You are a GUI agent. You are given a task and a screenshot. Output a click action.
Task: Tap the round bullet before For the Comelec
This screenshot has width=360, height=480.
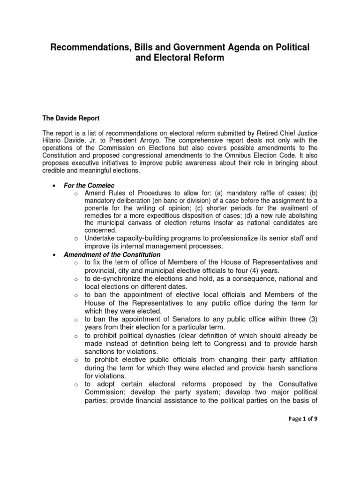55,186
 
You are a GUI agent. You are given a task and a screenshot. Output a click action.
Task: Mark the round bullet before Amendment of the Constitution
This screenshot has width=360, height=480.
55,255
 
